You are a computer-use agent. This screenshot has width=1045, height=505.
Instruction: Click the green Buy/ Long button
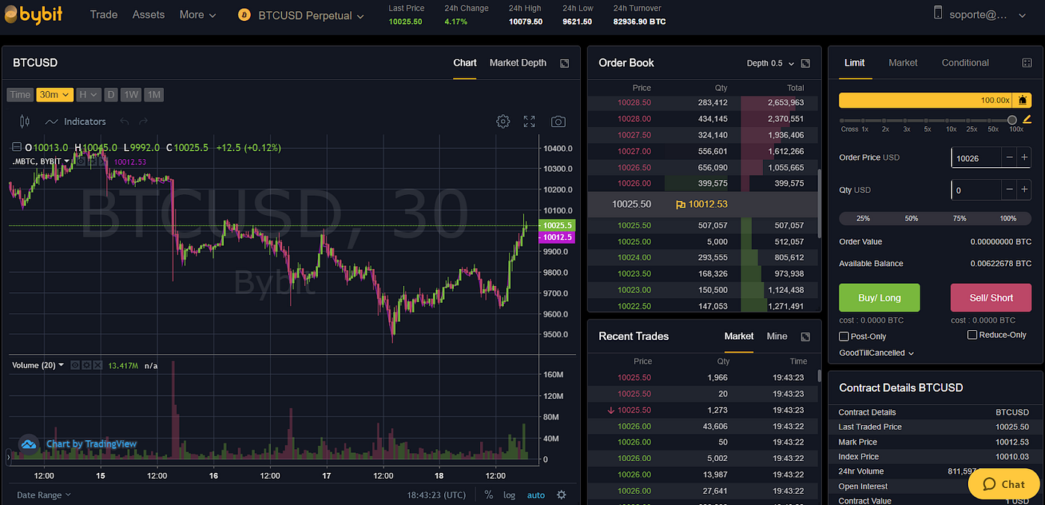[x=879, y=297]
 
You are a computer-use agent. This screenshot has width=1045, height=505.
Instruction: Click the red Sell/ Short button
[x=991, y=297]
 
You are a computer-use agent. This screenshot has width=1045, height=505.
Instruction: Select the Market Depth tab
[x=517, y=63]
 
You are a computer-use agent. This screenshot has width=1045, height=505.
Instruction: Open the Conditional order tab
[x=965, y=63]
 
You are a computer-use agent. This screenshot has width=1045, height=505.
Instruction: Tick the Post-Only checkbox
[x=844, y=336]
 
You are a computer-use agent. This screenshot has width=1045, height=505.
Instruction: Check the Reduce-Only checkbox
[x=972, y=335]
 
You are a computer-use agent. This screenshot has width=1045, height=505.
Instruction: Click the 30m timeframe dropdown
[x=54, y=95]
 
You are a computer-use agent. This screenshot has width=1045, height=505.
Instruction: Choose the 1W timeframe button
[x=131, y=95]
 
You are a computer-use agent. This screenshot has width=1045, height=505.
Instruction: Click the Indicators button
[x=75, y=122]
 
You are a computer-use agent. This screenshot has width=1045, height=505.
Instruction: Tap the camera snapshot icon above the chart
[x=558, y=122]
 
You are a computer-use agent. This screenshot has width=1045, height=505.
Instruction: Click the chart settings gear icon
[x=503, y=122]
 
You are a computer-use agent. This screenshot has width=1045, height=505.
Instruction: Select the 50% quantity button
[x=911, y=218]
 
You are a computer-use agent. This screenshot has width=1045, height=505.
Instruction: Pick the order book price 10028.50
[x=634, y=102]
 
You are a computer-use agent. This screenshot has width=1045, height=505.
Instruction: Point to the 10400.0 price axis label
[x=558, y=149]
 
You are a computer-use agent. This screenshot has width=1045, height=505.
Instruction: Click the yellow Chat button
[x=1004, y=484]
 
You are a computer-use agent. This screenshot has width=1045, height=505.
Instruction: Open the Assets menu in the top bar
[x=149, y=15]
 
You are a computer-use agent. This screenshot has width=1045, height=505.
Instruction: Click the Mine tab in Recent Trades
[x=776, y=336]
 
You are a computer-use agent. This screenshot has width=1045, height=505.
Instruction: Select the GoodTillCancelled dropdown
[x=876, y=353]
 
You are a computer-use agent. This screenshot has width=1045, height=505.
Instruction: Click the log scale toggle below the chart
[x=509, y=495]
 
